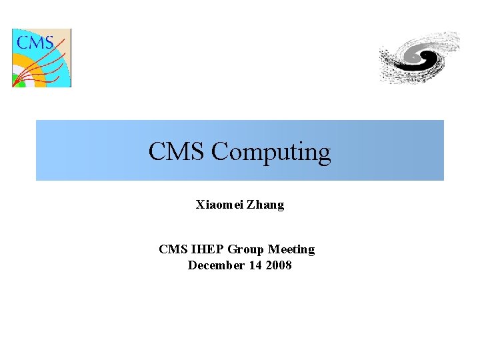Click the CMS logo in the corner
point(41,58)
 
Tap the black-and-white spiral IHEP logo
point(419,58)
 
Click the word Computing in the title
point(271,152)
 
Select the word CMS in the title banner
point(177,151)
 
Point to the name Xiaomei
point(219,205)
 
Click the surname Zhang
point(265,205)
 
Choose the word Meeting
point(291,249)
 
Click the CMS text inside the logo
point(35,43)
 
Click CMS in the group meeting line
point(173,249)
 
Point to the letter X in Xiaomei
point(200,205)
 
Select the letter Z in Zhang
point(251,205)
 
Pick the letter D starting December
point(192,265)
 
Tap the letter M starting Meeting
point(273,249)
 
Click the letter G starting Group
point(232,249)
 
